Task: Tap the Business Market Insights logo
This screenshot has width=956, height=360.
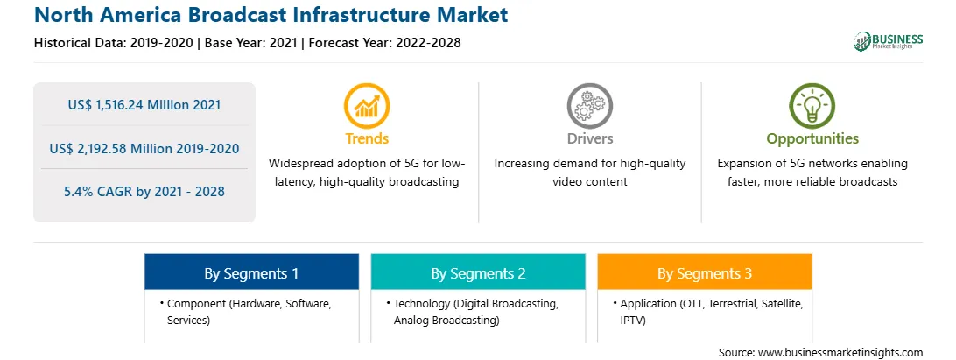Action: pyautogui.click(x=889, y=41)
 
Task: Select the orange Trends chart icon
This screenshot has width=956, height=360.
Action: pyautogui.click(x=367, y=106)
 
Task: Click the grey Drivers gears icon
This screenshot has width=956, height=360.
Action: pyautogui.click(x=589, y=106)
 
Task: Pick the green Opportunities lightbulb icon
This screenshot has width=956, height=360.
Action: pyautogui.click(x=812, y=106)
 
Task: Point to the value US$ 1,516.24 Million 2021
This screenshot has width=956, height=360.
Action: pyautogui.click(x=144, y=105)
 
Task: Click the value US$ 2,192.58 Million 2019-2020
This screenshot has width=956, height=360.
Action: pyautogui.click(x=144, y=148)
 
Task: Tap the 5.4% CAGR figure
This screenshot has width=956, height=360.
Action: pyautogui.click(x=144, y=192)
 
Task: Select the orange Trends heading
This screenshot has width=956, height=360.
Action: pyautogui.click(x=367, y=138)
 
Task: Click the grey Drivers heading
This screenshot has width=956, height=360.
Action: pyautogui.click(x=589, y=138)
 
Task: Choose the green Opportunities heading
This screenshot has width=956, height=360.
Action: pyautogui.click(x=812, y=139)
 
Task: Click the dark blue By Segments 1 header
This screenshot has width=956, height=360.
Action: pyautogui.click(x=252, y=272)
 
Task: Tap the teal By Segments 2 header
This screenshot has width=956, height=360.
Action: pyautogui.click(x=478, y=272)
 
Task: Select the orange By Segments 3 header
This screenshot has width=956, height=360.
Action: pyautogui.click(x=705, y=272)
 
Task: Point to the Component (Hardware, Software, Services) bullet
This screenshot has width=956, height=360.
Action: pyautogui.click(x=246, y=312)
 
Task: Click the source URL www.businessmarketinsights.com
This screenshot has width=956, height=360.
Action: pyautogui.click(x=840, y=353)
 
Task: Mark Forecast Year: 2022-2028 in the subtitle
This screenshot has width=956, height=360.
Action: pyautogui.click(x=384, y=43)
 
